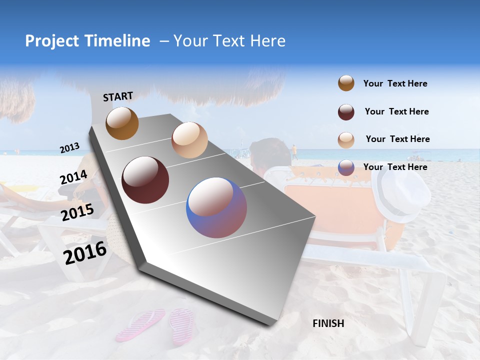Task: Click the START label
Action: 118,96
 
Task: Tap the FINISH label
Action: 328,323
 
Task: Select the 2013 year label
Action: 69,148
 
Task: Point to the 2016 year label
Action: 85,252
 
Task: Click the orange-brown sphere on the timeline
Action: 122,123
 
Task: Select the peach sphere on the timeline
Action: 189,140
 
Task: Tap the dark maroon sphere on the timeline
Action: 145,180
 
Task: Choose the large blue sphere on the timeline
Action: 216,207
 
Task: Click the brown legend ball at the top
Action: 346,83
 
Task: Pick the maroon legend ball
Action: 346,112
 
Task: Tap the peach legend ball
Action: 346,139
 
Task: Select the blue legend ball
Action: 346,167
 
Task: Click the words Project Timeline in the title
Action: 87,41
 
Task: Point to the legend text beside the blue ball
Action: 395,167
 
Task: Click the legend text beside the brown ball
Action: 395,83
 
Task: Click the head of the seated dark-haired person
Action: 270,153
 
